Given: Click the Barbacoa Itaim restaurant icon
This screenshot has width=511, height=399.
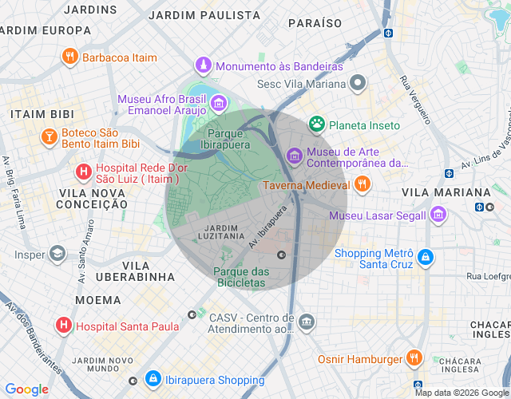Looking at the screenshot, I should pos(70,57).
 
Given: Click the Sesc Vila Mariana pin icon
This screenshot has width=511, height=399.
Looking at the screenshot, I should pos(357,83).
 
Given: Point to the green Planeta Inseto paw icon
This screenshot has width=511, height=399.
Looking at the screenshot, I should pos(318,124).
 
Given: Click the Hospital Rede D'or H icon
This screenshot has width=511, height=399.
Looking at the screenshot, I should pos(83,171).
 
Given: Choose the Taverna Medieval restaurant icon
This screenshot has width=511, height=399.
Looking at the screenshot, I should pos(362,185).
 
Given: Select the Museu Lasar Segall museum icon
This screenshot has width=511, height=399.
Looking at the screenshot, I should pos(438,215).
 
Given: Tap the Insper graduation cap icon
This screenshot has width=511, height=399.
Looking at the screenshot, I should pos(57,255).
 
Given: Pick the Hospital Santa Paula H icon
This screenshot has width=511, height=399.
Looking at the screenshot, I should pos(64,326).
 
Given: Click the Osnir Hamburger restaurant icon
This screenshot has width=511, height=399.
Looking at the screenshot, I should pos(414,358).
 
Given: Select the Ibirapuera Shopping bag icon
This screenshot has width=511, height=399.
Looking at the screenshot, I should pos(152,379).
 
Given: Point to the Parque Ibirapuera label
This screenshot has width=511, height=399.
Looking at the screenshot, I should pos(229,140).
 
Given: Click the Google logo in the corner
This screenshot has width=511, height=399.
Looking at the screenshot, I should pos(26,389).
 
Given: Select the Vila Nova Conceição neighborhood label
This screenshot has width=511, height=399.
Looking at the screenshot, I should pos(92,199).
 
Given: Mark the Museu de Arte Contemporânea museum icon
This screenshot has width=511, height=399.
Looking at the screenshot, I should pos(294,155).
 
